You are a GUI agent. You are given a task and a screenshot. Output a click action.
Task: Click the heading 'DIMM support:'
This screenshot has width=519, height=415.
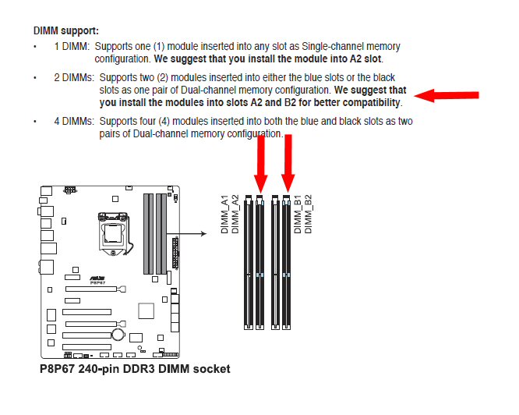[x=66, y=30]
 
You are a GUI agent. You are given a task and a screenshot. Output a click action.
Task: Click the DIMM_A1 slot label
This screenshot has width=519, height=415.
[x=224, y=215]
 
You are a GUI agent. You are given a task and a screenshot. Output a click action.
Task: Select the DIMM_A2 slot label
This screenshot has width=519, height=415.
[x=235, y=215]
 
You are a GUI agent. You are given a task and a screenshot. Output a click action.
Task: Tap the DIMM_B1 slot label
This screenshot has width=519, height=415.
[x=298, y=215]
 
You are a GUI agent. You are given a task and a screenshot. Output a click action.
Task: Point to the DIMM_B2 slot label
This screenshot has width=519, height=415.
[x=308, y=215]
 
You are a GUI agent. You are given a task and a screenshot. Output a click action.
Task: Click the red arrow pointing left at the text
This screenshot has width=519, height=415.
[x=447, y=95]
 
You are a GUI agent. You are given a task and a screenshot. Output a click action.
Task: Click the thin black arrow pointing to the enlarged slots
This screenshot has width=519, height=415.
[x=187, y=234]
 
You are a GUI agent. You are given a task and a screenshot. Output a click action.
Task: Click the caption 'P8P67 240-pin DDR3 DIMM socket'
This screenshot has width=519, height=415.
[x=135, y=369]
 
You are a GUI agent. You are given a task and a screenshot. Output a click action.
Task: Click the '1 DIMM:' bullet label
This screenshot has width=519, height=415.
[x=72, y=46]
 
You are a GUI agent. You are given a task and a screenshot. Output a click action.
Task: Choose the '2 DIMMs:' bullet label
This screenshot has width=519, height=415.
[x=74, y=77]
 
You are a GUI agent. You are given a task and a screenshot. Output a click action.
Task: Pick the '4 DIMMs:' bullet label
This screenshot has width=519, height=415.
[x=74, y=121]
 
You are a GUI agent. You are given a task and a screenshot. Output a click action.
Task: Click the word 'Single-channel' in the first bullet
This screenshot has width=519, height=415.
[x=333, y=46]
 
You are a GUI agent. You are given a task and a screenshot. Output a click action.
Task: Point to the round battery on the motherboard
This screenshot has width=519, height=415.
[x=118, y=335]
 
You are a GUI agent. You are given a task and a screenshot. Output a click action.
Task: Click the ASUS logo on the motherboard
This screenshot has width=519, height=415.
[x=97, y=278]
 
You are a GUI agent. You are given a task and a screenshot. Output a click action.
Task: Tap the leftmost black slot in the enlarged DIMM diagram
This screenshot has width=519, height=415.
[x=249, y=262]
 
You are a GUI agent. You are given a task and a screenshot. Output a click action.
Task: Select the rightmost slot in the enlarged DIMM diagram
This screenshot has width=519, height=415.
[x=286, y=262]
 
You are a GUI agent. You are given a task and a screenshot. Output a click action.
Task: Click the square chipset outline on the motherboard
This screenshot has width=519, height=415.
[x=146, y=311]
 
